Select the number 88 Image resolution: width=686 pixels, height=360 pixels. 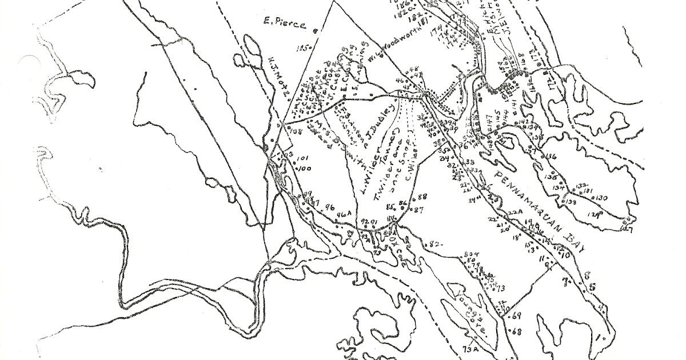click(x=423, y=197)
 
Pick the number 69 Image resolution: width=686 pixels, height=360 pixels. click(x=518, y=315)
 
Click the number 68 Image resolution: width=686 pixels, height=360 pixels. click(x=518, y=331)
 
